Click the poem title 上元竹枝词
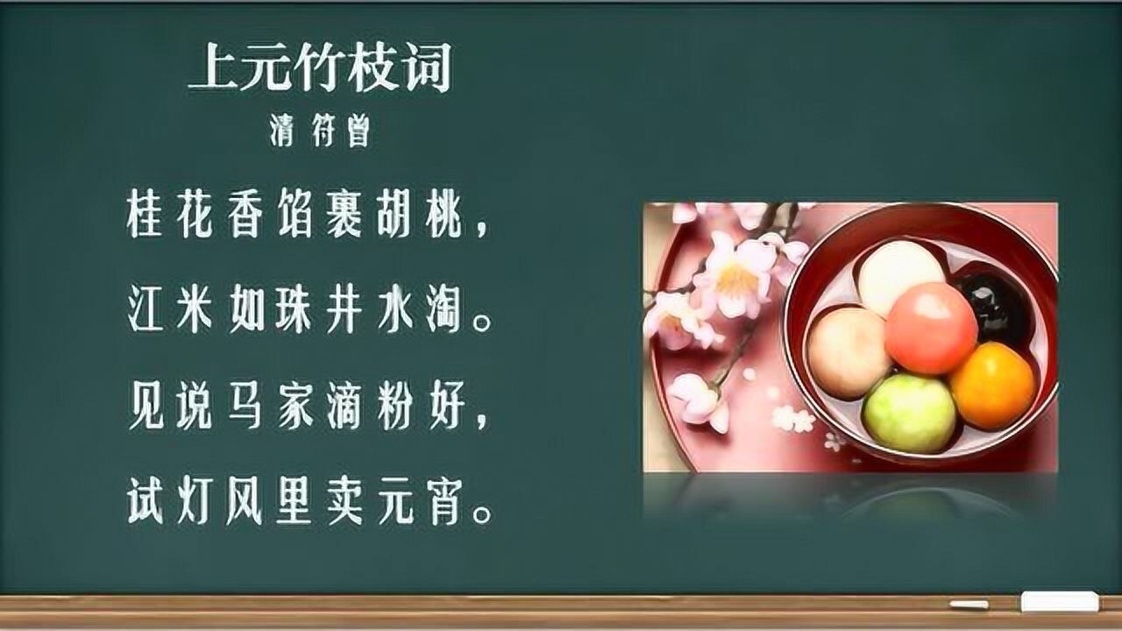[320, 70]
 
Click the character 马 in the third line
[245, 409]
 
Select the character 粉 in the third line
[394, 409]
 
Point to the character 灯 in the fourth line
[196, 505]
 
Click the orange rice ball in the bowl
[992, 386]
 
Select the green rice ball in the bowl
[909, 412]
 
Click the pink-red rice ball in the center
[930, 328]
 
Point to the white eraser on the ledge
[1059, 602]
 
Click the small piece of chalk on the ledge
[969, 605]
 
